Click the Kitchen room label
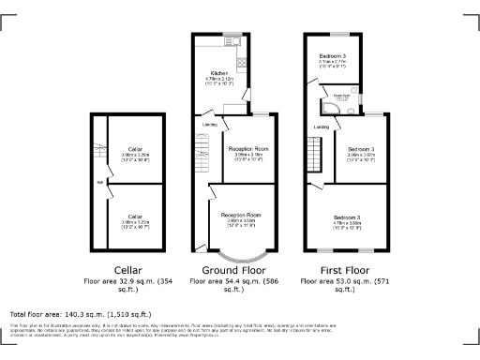(x=218, y=71)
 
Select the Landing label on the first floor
(x=321, y=126)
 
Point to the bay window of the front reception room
(x=240, y=253)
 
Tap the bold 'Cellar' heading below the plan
(x=127, y=270)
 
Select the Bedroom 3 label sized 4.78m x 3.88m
(x=346, y=218)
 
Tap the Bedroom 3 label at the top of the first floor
(x=333, y=57)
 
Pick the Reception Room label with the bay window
(x=241, y=216)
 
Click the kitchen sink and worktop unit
(x=242, y=67)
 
